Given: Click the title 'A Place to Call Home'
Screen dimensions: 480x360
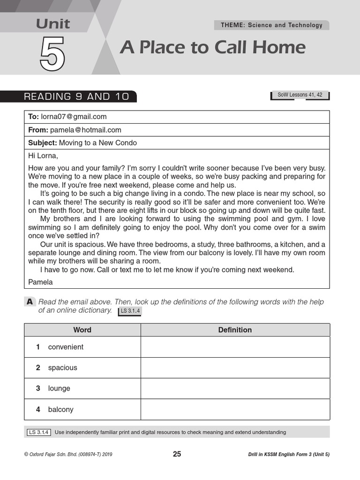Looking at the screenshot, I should tap(212, 47).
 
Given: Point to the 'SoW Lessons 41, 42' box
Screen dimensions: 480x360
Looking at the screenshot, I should tap(300, 95).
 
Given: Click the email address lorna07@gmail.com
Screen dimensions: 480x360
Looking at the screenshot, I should tap(74, 117).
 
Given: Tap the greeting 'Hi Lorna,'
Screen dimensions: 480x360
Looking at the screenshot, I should tap(43, 156).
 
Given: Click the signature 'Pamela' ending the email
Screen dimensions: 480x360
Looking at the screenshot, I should tap(40, 282).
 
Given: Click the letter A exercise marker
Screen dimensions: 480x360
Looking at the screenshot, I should tap(30, 302).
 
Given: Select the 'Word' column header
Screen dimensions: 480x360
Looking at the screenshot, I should tap(82, 330).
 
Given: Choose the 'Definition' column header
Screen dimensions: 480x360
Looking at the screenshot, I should tap(235, 330).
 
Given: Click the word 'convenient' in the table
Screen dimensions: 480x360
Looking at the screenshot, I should tap(66, 347).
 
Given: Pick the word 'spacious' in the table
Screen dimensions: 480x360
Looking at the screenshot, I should tap(62, 367).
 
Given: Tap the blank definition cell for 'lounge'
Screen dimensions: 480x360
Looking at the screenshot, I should tap(235, 388).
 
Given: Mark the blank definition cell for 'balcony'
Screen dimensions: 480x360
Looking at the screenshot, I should tap(235, 409).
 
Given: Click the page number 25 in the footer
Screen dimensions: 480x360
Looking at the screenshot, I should tap(177, 454).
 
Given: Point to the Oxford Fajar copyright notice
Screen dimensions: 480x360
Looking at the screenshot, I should tap(68, 454).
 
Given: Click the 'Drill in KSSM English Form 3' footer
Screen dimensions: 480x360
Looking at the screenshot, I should tap(289, 454).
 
